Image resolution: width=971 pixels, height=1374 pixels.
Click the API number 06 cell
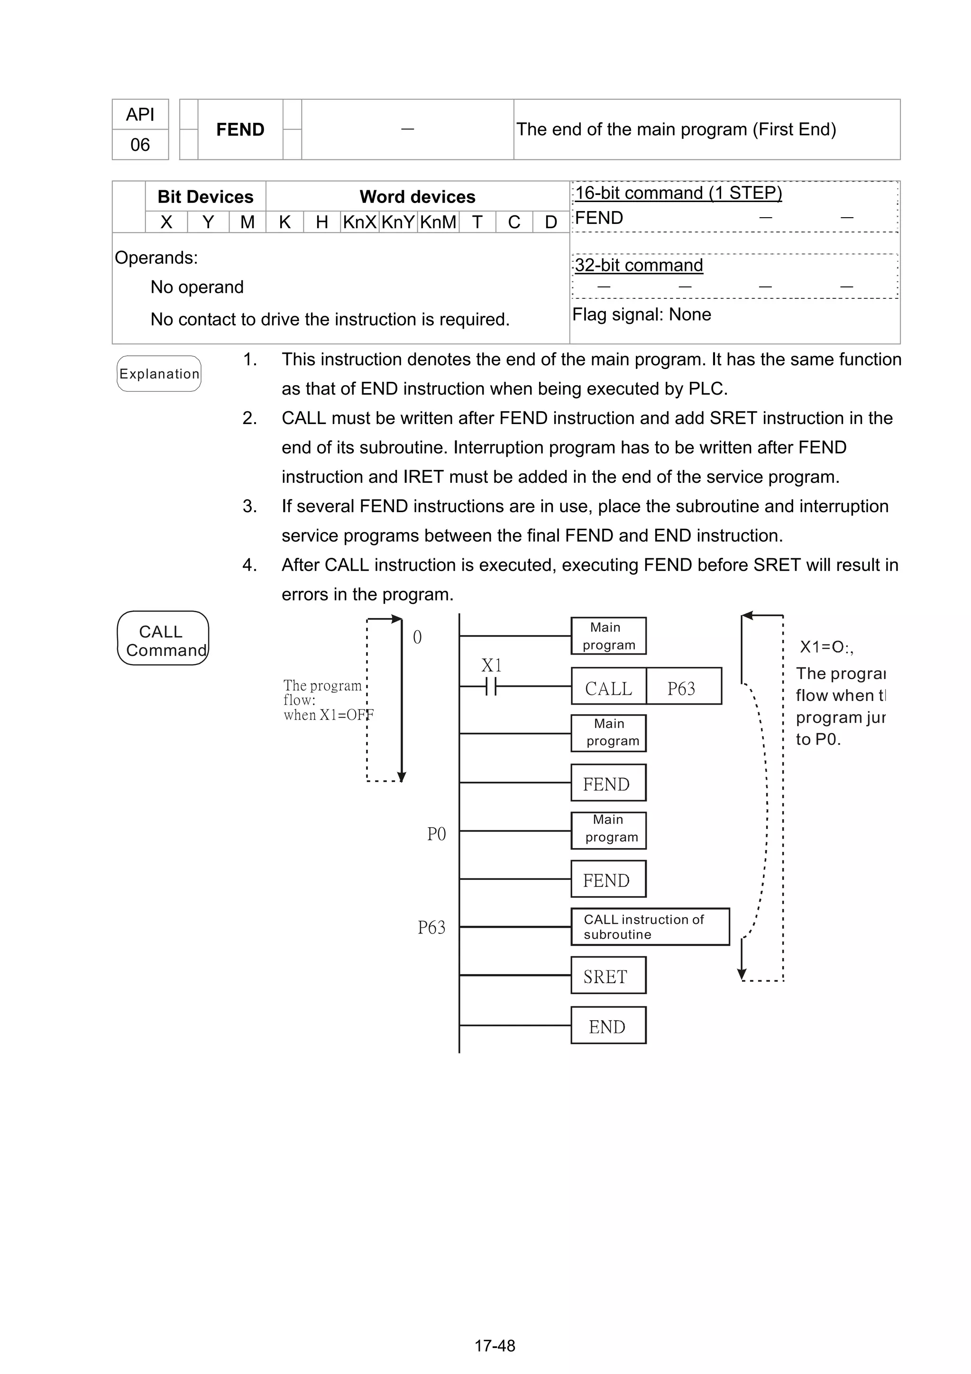click(140, 145)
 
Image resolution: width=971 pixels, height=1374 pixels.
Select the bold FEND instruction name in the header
click(240, 129)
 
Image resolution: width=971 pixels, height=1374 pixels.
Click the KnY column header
click(398, 222)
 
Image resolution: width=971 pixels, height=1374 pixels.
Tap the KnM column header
click(438, 222)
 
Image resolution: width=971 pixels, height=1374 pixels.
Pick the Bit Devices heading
click(205, 197)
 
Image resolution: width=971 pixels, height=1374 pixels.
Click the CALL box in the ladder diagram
click(608, 688)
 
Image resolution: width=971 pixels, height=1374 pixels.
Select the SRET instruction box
click(608, 977)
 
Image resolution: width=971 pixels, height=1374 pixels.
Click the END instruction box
click(608, 1027)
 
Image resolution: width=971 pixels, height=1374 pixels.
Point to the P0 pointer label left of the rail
click(436, 834)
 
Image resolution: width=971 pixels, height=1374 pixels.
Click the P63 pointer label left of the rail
click(431, 928)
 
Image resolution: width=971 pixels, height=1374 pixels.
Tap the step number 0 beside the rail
click(417, 637)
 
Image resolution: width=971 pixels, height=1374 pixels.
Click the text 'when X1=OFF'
click(329, 715)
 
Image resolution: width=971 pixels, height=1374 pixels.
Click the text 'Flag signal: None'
click(641, 315)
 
